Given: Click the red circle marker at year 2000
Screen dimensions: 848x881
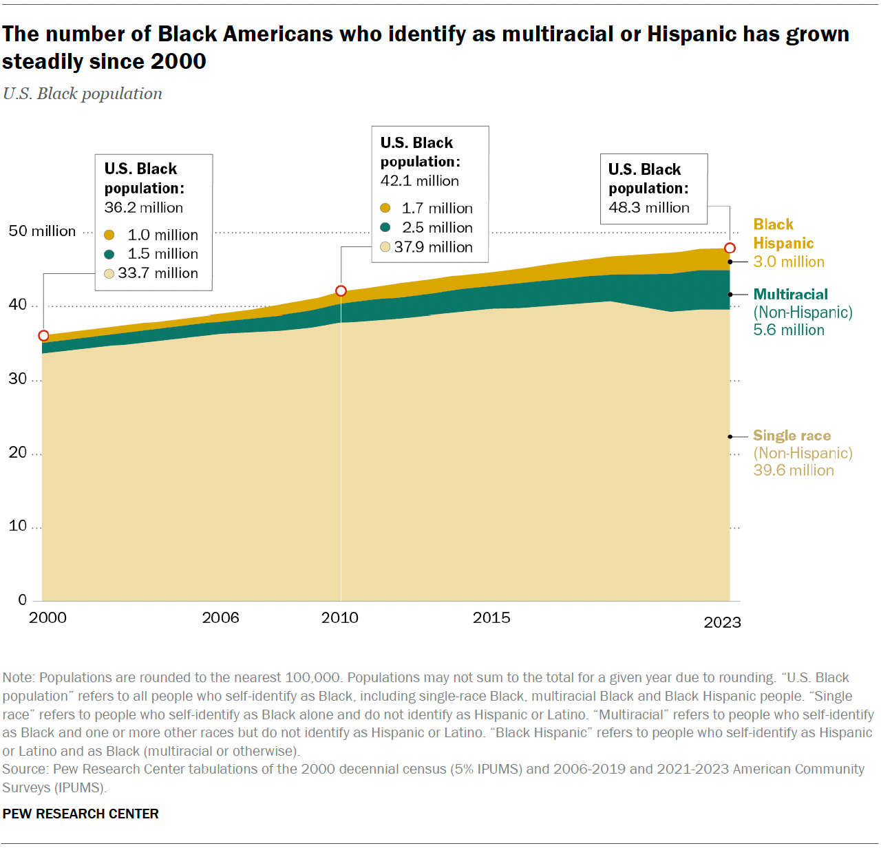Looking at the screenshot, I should tap(43, 336).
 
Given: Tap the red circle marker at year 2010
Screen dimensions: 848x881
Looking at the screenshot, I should tap(341, 291).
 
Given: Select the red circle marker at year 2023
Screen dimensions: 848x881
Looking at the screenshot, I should tap(730, 248).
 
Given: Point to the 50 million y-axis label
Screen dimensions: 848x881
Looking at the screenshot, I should tap(42, 231).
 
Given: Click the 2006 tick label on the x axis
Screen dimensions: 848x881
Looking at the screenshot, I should tap(220, 617).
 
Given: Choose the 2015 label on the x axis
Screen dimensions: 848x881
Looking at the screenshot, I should tap(491, 617).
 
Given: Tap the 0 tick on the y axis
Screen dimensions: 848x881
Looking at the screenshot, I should tap(23, 600).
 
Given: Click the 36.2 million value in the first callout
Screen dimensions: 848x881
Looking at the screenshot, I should tap(143, 208).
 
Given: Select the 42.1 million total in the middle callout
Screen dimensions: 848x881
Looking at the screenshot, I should tap(419, 181).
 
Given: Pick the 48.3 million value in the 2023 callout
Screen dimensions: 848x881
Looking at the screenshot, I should tap(648, 208).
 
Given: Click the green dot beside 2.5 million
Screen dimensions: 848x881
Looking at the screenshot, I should tap(385, 227).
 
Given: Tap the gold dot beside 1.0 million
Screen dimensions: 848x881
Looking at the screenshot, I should tap(109, 235).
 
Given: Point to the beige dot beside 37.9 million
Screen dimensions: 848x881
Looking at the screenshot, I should tap(385, 247).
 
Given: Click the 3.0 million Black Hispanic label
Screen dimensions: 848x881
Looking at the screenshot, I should tap(788, 262).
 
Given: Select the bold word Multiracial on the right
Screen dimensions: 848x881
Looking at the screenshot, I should tap(790, 295).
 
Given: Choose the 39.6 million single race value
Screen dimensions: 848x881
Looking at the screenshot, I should tap(793, 471).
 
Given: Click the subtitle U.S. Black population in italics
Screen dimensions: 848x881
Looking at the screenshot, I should tap(83, 94).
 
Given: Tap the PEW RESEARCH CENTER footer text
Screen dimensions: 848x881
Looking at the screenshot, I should tap(81, 814).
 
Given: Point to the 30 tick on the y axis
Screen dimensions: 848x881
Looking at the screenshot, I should tap(18, 379).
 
